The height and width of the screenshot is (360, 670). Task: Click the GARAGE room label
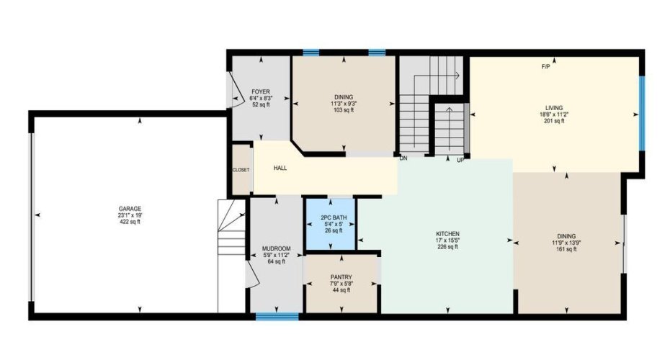point(130,209)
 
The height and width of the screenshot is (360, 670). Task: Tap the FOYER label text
point(261,92)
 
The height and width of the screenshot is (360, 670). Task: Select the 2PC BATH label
point(334,217)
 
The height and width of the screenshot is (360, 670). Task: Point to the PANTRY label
point(341,277)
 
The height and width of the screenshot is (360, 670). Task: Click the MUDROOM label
point(277,248)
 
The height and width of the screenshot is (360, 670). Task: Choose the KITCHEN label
point(447,234)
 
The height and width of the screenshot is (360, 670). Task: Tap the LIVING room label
point(554,108)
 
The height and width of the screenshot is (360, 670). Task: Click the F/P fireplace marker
point(545,67)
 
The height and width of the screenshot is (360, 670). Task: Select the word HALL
point(280,168)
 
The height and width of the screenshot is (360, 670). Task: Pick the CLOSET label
point(241,170)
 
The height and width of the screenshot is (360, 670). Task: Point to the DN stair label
point(403,158)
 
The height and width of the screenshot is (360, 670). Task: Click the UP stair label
point(460,161)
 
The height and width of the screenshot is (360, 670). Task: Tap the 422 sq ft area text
point(130,222)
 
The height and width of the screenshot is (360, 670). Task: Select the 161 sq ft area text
point(566,249)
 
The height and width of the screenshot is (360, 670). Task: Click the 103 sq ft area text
point(344,110)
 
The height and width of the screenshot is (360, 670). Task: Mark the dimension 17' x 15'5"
point(447,240)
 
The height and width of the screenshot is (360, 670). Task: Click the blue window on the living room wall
point(641,113)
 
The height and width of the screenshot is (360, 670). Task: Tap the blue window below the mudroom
point(277,317)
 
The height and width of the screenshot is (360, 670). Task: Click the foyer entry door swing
point(233,89)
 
